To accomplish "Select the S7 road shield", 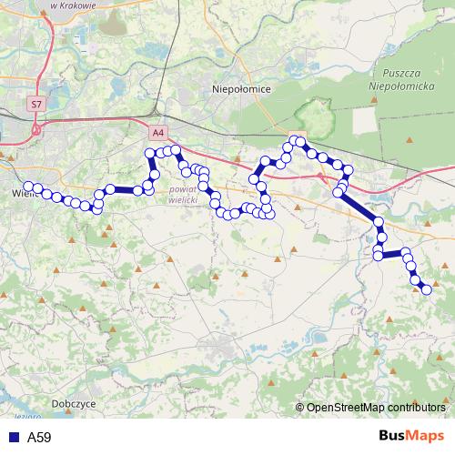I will (35, 105).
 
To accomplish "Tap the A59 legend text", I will (39, 438).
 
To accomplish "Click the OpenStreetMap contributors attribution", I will (376, 408).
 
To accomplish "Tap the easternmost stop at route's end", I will (426, 289).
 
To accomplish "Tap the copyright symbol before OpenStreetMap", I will (300, 408).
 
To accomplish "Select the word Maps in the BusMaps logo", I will (426, 437).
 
